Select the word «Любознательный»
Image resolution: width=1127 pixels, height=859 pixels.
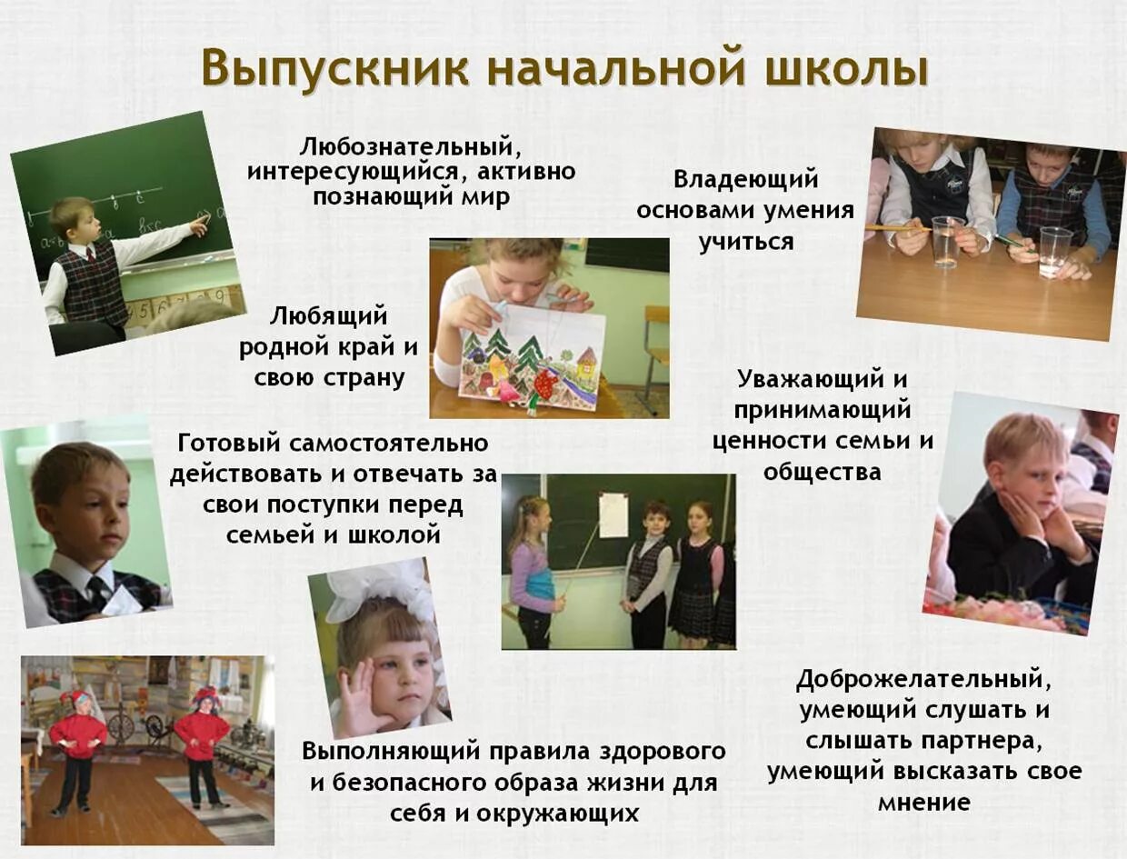pyautogui.click(x=411, y=145)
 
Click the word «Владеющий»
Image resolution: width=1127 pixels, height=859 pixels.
pyautogui.click(x=746, y=179)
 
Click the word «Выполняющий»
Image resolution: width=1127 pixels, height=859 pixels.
pyautogui.click(x=393, y=752)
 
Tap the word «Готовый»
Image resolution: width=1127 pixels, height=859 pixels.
pyautogui.click(x=230, y=444)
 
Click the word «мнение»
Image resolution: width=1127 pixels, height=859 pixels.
pyautogui.click(x=924, y=803)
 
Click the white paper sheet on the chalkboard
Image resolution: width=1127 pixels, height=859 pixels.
pyautogui.click(x=613, y=514)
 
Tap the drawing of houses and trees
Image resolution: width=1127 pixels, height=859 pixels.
pyautogui.click(x=531, y=358)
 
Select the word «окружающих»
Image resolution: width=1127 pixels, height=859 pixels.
pyautogui.click(x=561, y=813)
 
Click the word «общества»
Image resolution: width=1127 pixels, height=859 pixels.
pyautogui.click(x=822, y=473)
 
